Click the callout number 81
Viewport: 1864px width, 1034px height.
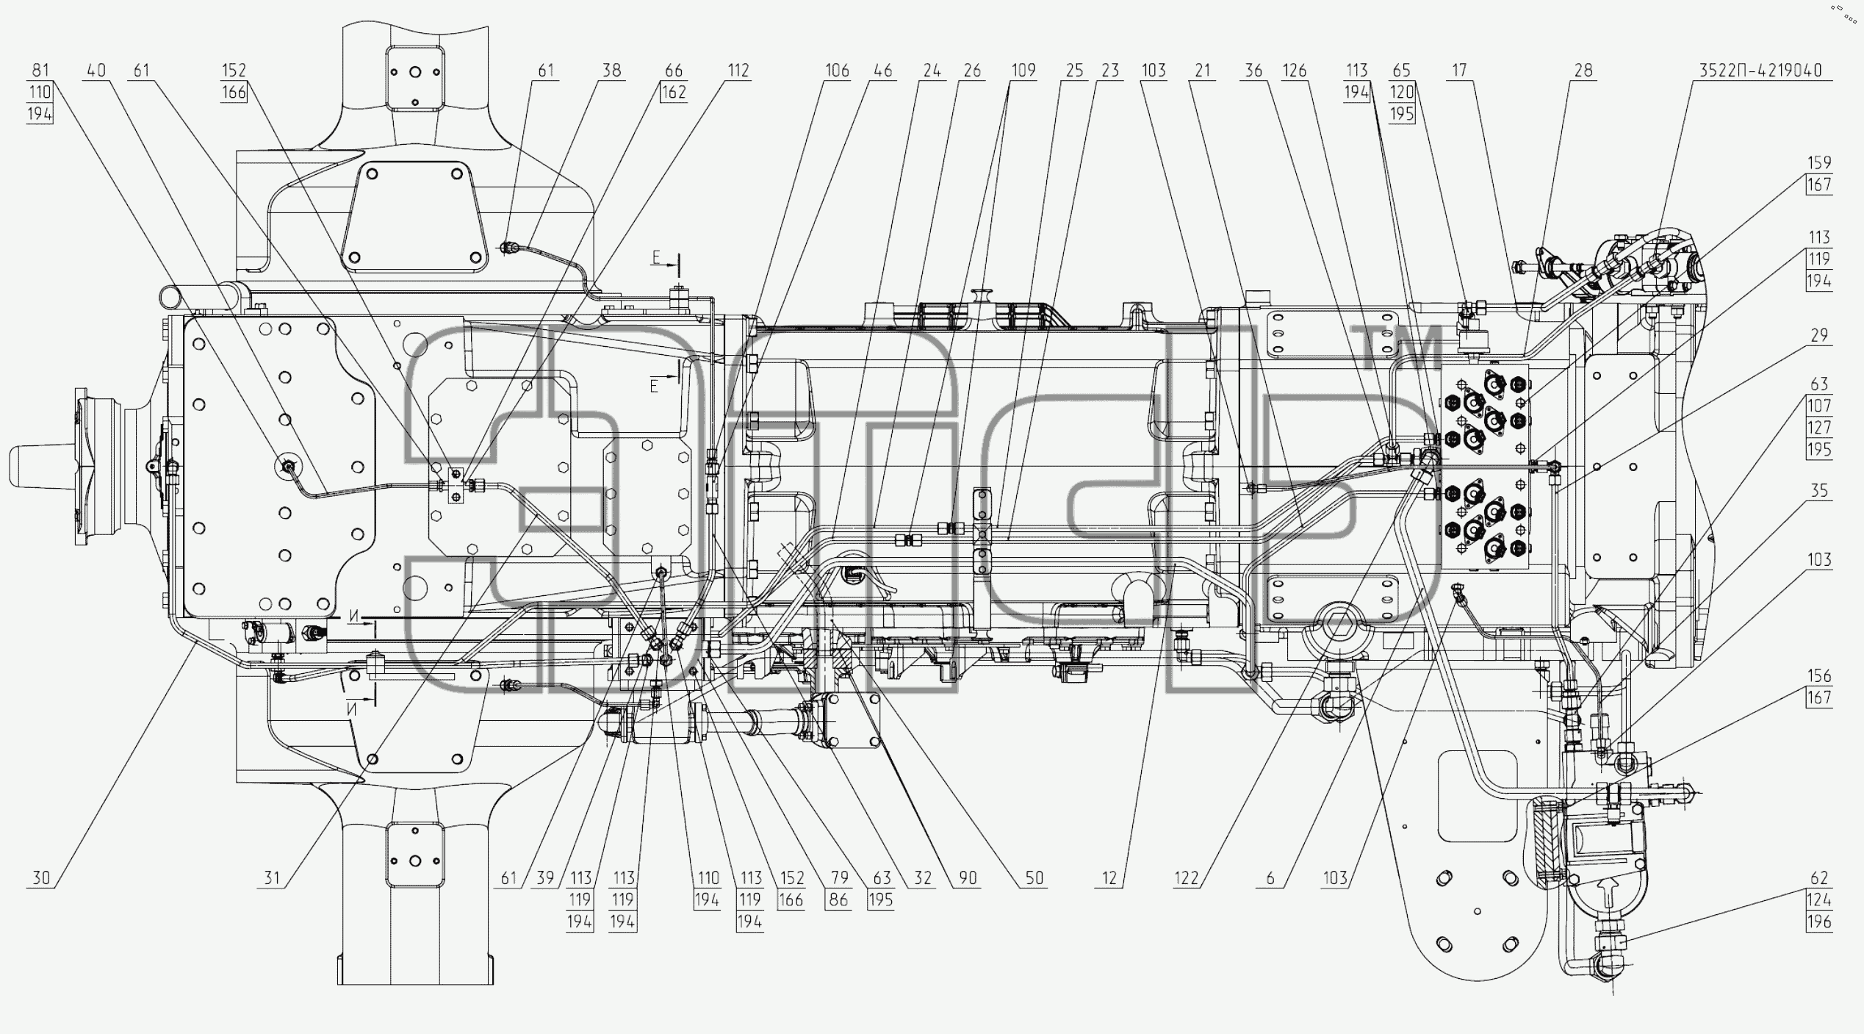(x=40, y=71)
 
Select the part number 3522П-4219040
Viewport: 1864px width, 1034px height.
(x=1760, y=71)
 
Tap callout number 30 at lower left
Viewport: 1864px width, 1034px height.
(x=41, y=878)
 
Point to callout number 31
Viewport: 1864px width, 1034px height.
(x=272, y=878)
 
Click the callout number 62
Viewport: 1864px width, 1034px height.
(x=1819, y=878)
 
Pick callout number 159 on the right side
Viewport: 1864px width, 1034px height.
(x=1819, y=163)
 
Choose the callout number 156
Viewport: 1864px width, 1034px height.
(x=1819, y=676)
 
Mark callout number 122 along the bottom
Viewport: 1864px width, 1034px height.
(x=1187, y=878)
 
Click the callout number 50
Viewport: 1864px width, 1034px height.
(x=1034, y=878)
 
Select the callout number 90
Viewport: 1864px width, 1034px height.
(x=968, y=878)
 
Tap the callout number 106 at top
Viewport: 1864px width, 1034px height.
(x=837, y=71)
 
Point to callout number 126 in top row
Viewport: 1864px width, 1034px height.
(x=1295, y=71)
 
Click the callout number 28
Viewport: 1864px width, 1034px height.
(x=1583, y=71)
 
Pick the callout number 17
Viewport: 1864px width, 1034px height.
(x=1459, y=71)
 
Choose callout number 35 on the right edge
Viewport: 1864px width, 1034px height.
(x=1819, y=491)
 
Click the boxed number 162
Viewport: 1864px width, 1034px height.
(x=674, y=93)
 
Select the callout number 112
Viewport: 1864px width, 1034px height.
(x=738, y=71)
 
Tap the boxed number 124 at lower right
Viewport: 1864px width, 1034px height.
(x=1819, y=900)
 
